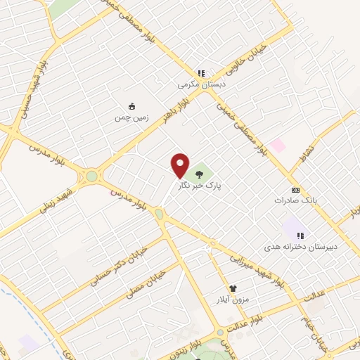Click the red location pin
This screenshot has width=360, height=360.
[x=181, y=165]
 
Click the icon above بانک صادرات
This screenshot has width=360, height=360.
[x=295, y=190]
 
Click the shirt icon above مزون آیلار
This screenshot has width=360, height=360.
[x=233, y=288]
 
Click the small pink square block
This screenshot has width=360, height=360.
[x=278, y=145]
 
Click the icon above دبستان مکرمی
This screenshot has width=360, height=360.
[x=200, y=72]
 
